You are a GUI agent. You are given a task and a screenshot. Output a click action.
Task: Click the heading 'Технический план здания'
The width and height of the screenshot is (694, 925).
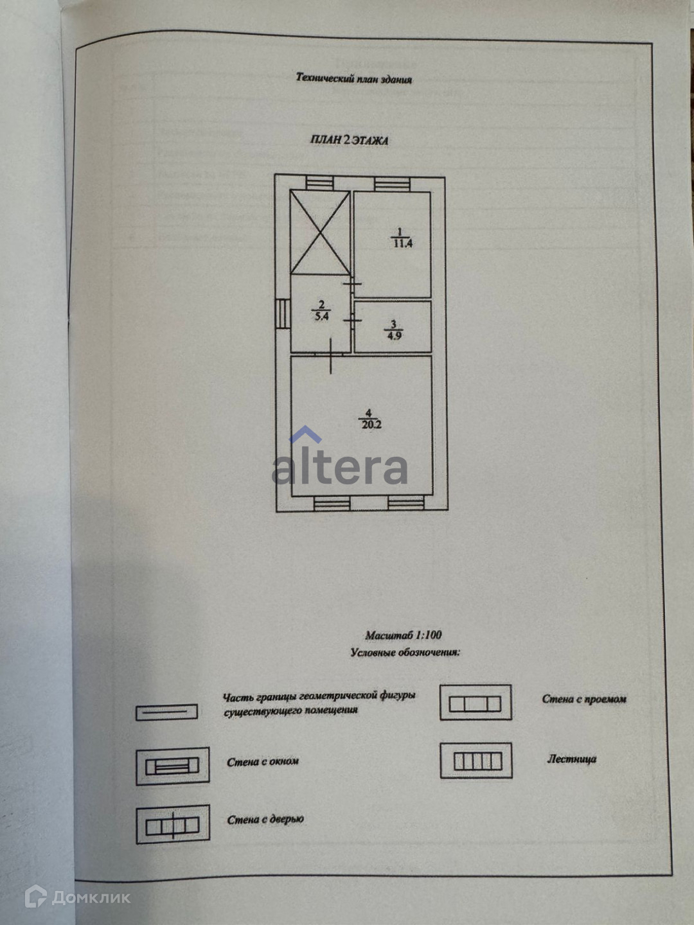click(x=353, y=79)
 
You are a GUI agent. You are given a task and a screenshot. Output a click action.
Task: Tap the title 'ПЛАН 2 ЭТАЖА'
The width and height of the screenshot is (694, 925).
click(x=349, y=141)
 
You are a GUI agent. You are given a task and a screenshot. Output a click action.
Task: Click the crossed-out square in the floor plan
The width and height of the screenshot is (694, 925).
click(x=320, y=232)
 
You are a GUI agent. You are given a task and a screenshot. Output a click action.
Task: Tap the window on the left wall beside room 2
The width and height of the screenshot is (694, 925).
click(x=283, y=314)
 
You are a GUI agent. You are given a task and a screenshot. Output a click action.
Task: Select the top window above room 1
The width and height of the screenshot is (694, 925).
click(x=392, y=184)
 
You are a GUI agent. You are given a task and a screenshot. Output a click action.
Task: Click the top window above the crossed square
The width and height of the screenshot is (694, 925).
click(x=319, y=184)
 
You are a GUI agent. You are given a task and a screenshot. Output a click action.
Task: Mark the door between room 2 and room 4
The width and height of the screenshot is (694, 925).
click(x=330, y=355)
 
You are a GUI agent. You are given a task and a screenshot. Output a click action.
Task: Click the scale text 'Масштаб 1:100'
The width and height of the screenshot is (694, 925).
click(x=403, y=635)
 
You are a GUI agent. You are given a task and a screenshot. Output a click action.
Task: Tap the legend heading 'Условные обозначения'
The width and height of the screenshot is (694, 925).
click(x=405, y=653)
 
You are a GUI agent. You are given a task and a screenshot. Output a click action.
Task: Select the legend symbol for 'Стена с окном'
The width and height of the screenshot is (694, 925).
click(x=172, y=766)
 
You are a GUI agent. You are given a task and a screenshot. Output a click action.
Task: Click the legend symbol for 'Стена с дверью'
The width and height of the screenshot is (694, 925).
click(x=172, y=824)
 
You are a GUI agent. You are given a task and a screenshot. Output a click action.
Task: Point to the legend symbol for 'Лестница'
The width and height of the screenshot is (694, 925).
click(x=476, y=761)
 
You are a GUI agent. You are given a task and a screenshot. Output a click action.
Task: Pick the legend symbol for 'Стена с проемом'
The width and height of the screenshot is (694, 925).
click(x=476, y=703)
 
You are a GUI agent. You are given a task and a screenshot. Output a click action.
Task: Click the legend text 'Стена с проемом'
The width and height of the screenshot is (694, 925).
click(x=583, y=699)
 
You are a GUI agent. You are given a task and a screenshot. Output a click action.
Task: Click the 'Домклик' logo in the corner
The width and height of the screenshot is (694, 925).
click(x=77, y=897)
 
